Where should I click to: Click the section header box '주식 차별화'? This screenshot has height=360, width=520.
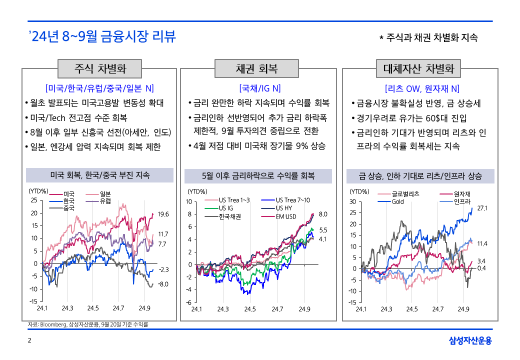100,68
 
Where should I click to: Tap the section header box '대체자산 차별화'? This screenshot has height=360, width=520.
418,68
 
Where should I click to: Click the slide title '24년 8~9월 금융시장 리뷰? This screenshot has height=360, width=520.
102,36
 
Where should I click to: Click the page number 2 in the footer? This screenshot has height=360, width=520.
29,341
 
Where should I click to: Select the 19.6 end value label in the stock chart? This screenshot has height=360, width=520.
163,214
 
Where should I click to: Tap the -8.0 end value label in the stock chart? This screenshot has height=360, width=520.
163,284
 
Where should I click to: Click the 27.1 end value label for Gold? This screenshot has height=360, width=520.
482,207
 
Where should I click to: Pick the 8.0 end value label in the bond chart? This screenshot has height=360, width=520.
322,214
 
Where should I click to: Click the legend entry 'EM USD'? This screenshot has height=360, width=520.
286,216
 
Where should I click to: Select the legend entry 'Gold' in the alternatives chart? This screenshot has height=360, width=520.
397,201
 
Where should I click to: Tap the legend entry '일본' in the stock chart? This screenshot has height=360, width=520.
105,194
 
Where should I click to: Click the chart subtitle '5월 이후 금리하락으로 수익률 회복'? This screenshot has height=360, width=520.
258,175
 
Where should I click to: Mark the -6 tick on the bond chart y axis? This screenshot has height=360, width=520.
189,302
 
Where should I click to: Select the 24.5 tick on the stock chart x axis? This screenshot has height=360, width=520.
93,308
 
